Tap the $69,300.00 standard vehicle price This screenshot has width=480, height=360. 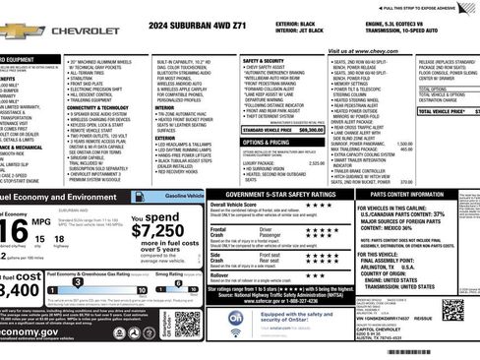309,129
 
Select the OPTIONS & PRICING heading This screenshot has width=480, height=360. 266,142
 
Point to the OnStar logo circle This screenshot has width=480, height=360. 237,319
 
